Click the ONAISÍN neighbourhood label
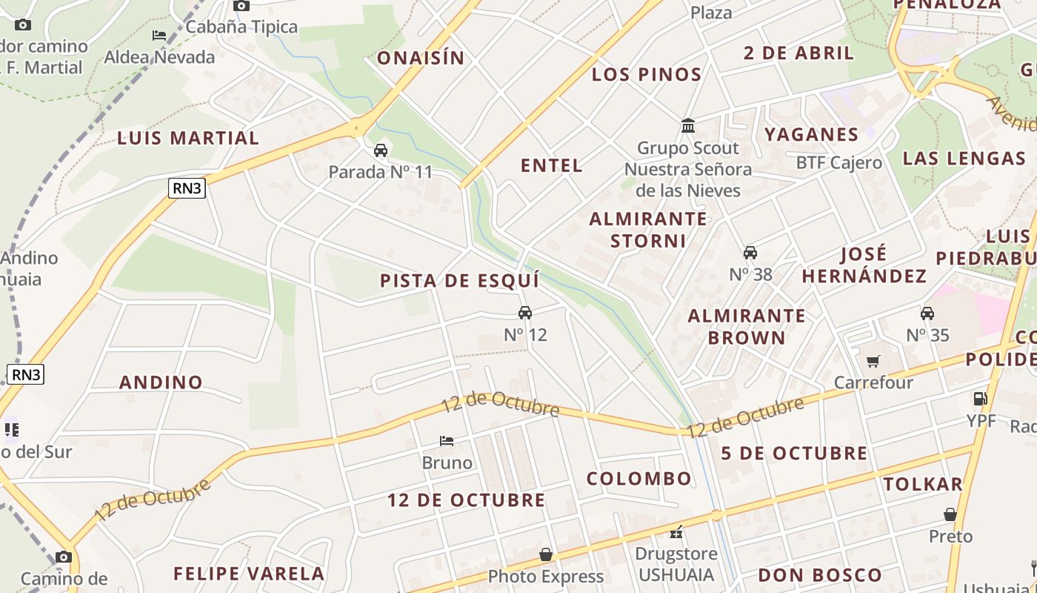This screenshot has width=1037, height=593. click(x=421, y=58)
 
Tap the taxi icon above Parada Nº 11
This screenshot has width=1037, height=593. click(x=381, y=150)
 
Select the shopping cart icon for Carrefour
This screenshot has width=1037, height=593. click(x=873, y=361)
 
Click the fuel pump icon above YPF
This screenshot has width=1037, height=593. click(x=980, y=399)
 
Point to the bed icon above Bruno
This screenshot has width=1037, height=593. click(x=447, y=440)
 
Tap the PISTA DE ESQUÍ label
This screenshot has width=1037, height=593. click(x=459, y=281)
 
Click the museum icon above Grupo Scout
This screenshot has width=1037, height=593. click(x=688, y=126)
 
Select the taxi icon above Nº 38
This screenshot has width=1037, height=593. click(x=750, y=253)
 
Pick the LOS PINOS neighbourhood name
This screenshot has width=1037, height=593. click(x=647, y=74)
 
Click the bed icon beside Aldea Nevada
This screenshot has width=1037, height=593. click(x=159, y=35)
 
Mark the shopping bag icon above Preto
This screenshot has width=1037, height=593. click(x=950, y=514)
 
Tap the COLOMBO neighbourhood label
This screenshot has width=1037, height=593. click(x=638, y=478)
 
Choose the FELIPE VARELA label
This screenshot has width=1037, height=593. click(x=249, y=573)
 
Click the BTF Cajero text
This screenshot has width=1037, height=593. click(x=838, y=162)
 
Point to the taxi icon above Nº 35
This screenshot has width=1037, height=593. click(x=927, y=313)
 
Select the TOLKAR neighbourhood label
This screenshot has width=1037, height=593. click(x=923, y=484)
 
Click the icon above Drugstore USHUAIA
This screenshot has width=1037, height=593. click(x=676, y=532)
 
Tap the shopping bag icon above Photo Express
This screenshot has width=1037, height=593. click(x=546, y=554)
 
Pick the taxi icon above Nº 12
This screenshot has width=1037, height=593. click(x=525, y=313)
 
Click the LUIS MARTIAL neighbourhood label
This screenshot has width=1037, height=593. click(x=188, y=138)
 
